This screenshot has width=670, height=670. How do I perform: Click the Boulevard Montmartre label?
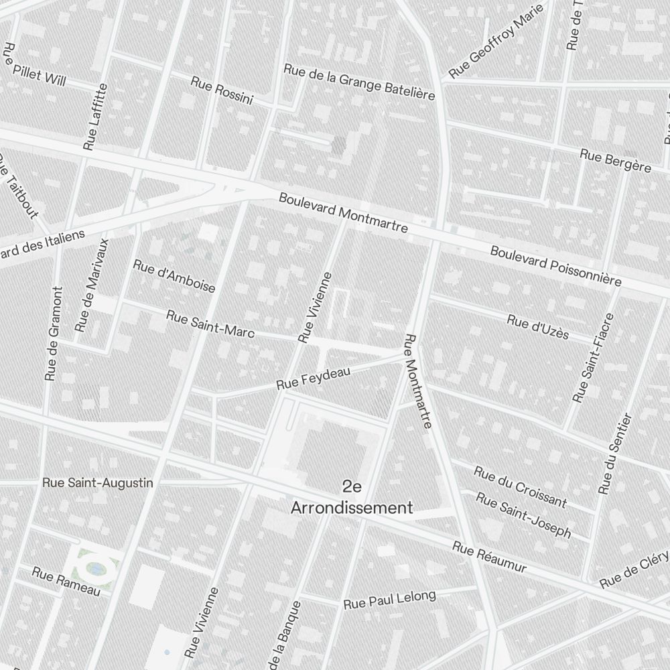coord(343,213)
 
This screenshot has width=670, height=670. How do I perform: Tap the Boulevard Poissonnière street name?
coord(555,266)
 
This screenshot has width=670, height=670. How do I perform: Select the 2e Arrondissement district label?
coord(351,497)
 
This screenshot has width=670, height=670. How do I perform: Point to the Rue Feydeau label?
coord(314,378)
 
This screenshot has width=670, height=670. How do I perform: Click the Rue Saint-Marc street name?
coord(210,324)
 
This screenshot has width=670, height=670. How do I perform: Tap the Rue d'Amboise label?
coord(174,276)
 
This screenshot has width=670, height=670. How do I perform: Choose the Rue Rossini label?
coord(222,90)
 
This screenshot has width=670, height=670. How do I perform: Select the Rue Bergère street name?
coord(615,161)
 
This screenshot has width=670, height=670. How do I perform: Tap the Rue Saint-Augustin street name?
coord(98,482)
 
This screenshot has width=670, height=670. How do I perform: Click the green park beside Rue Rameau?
coord(96,568)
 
